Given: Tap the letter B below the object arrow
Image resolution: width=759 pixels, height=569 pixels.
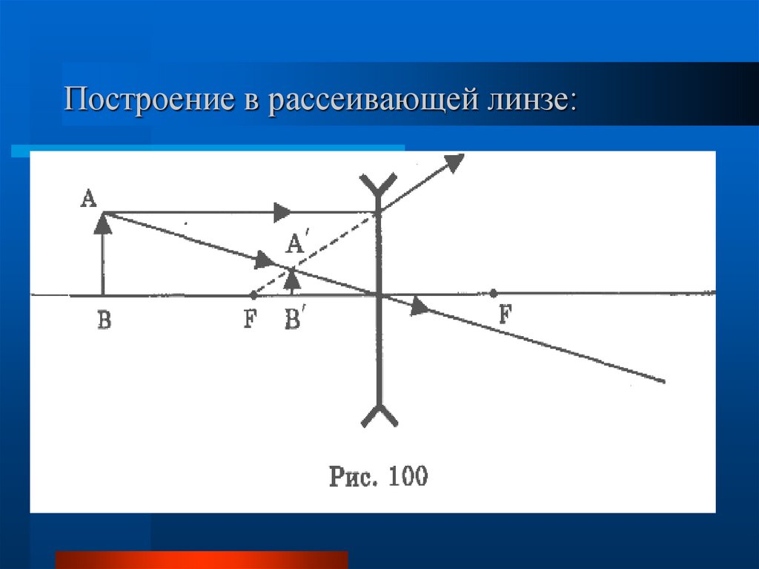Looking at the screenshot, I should (x=104, y=322).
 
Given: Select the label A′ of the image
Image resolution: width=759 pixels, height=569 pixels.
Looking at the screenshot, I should (x=296, y=243).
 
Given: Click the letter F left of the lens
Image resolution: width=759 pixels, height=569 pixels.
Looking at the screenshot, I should (x=251, y=321).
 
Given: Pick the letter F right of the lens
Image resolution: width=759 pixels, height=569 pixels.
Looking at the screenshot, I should (x=506, y=315).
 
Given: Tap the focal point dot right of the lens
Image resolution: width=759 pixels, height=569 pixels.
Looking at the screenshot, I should (x=494, y=293).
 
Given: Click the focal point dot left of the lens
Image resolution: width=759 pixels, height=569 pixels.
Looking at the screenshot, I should (x=253, y=295).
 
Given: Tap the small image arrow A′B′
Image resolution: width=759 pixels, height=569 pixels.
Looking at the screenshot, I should (x=293, y=280).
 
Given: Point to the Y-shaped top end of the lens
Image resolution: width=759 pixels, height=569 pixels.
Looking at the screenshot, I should (x=379, y=186).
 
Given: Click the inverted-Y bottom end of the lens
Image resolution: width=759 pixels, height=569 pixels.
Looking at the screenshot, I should (x=379, y=415).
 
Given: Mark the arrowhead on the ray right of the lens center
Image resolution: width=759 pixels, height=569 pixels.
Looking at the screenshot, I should (x=420, y=306).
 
